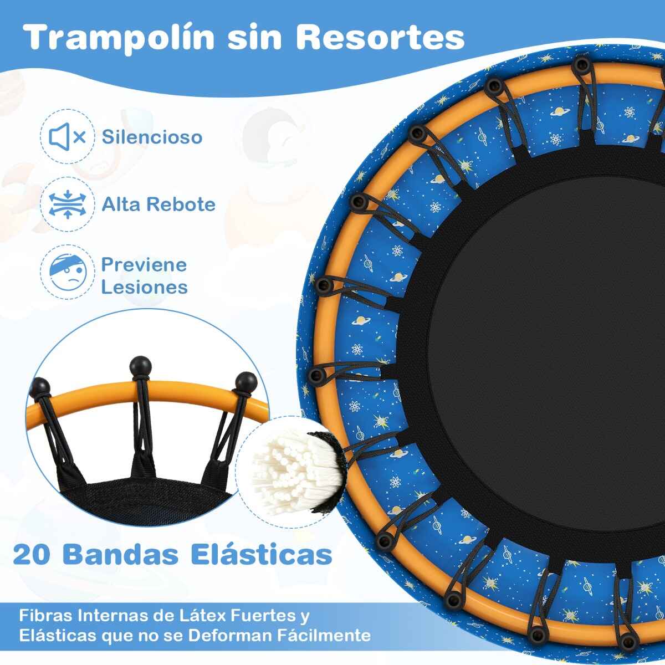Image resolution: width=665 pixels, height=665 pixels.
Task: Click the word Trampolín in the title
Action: click(x=119, y=39)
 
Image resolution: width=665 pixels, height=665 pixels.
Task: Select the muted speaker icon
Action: click(x=67, y=137)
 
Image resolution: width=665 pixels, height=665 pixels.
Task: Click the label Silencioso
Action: click(x=152, y=137)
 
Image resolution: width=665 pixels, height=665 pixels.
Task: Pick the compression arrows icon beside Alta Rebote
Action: click(x=67, y=204)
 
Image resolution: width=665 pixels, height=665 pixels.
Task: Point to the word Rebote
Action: click(x=182, y=204)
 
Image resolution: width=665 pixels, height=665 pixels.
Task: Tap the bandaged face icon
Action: click(x=68, y=272)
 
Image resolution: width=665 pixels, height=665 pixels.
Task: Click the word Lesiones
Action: click(x=144, y=287)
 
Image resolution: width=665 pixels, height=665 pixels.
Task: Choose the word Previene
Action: click(x=144, y=265)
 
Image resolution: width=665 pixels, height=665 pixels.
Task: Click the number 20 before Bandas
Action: click(x=32, y=555)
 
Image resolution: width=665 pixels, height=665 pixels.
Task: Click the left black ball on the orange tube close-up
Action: click(x=40, y=388)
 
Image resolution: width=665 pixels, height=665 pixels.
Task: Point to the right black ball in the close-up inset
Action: click(x=246, y=382)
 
